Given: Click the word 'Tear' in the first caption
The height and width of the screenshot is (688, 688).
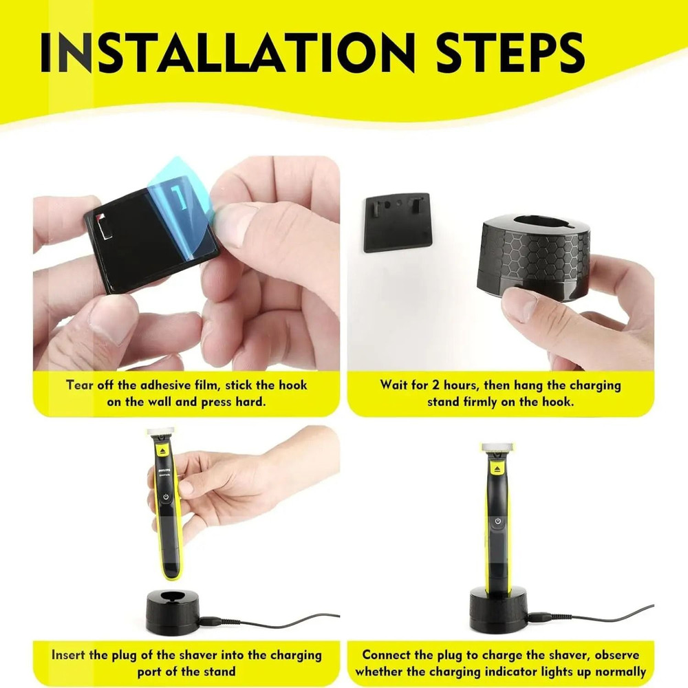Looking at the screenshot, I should [80, 385].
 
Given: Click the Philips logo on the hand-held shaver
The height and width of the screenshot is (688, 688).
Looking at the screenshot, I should [164, 471].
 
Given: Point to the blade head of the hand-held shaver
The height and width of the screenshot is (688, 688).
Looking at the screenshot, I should [161, 433].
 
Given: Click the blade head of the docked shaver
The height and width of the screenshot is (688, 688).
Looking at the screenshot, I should [497, 447].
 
